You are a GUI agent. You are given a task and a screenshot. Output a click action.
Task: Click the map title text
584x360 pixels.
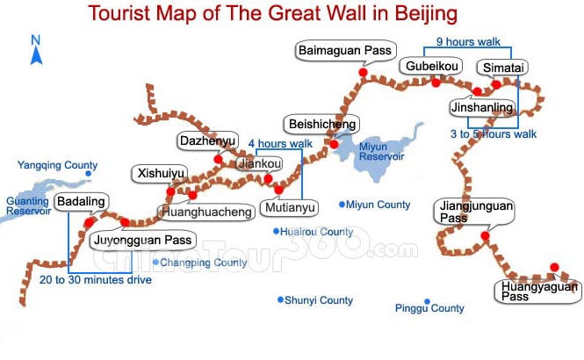pyautogui.click(x=286, y=15)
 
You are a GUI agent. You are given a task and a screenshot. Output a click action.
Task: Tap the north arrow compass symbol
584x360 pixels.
pyautogui.click(x=36, y=51)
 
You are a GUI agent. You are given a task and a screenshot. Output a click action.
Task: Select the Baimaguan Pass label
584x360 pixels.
pyautogui.click(x=345, y=51)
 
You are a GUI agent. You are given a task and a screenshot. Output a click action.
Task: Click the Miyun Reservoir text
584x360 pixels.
pyautogui.click(x=380, y=150)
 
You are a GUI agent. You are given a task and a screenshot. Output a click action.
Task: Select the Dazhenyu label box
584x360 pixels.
pyautogui.click(x=207, y=140)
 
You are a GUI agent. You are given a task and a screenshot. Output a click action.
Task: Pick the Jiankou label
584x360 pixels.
pyautogui.click(x=254, y=162)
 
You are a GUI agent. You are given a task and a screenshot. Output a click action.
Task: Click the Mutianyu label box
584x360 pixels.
pyautogui.click(x=284, y=209)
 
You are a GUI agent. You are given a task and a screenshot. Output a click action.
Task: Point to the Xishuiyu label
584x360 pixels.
pyautogui.click(x=159, y=173)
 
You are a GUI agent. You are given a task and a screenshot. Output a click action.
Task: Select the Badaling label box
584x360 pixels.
pyautogui.click(x=80, y=202)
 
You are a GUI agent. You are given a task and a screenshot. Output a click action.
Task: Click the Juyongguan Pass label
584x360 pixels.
pyautogui.click(x=141, y=239)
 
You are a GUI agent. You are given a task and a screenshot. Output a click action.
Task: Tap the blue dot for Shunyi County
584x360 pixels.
pyautogui.click(x=280, y=299)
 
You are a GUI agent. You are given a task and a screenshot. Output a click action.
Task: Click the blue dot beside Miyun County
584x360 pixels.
pyautogui.click(x=342, y=205)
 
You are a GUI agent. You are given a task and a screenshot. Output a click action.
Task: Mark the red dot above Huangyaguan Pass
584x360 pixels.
pyautogui.click(x=553, y=267)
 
